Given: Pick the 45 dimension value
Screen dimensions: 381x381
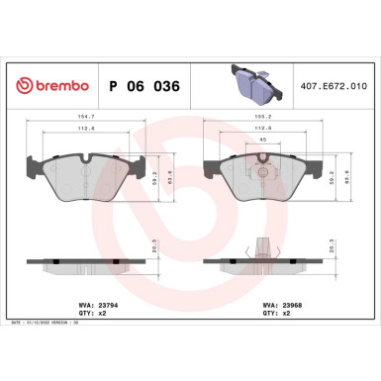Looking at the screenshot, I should point(262,141).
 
